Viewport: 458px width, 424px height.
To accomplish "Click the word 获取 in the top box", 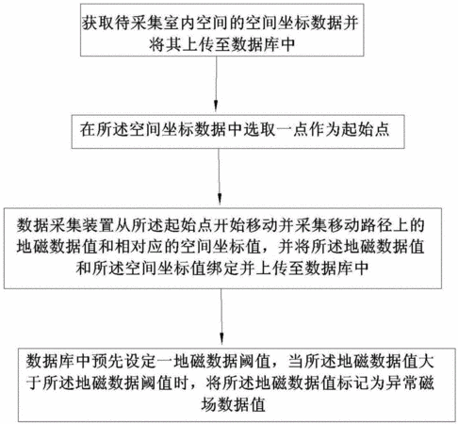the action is coord(96,23).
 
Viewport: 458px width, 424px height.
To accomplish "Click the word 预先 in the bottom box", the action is coord(107,361).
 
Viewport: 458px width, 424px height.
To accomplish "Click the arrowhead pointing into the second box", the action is coord(216,106).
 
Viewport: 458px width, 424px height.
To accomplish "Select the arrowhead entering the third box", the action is coord(220,199).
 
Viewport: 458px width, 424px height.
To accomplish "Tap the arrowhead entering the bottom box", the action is coord(222,339).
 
